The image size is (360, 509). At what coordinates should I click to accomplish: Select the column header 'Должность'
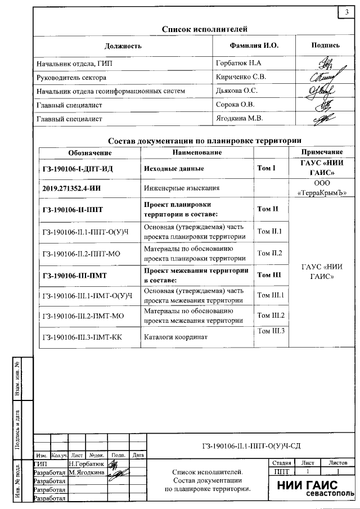click(x=123, y=46)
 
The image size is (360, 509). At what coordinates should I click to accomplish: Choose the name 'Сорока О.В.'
click(x=236, y=105)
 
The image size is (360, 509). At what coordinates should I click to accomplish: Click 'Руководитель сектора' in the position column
click(x=71, y=77)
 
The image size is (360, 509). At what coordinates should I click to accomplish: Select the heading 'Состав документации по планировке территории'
click(x=205, y=141)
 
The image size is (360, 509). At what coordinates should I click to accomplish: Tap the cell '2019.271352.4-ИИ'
click(x=76, y=188)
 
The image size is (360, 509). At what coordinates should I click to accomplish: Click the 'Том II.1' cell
click(x=269, y=231)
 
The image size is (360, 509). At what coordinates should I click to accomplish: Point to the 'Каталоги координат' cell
click(x=176, y=337)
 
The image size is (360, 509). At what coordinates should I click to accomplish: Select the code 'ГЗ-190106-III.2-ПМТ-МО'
click(x=83, y=316)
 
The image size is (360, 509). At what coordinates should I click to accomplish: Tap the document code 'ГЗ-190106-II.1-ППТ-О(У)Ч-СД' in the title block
click(x=251, y=446)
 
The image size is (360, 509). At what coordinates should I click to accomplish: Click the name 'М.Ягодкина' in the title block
click(x=87, y=472)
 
